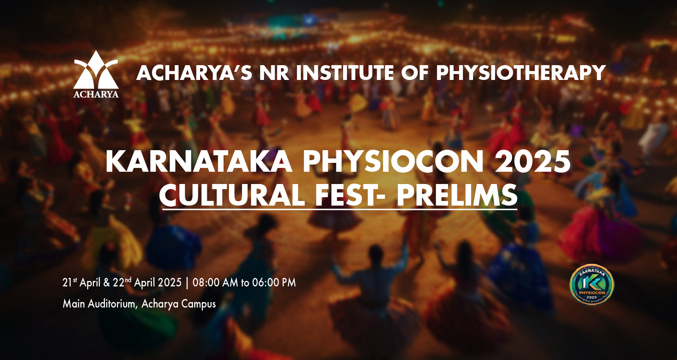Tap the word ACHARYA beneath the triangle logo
pyautogui.click(x=96, y=94)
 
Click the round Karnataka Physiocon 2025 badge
pyautogui.click(x=592, y=284)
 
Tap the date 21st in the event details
pyautogui.click(x=70, y=282)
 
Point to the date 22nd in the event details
pyautogui.click(x=122, y=282)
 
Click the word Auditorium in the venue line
pyautogui.click(x=113, y=303)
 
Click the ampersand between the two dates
pyautogui.click(x=106, y=283)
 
